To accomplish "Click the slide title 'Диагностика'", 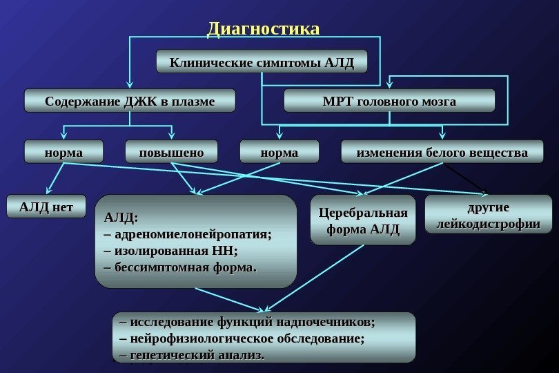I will (264, 29).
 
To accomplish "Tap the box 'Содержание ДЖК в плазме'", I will (130, 101).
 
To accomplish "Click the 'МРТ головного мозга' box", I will (390, 101).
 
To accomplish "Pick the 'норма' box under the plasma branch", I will (63, 152).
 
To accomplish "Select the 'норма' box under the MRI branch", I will (279, 152).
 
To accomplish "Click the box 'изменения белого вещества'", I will (442, 152).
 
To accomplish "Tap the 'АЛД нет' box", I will (46, 206).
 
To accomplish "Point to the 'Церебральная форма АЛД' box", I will (363, 220).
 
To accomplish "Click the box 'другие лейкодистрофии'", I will (488, 216).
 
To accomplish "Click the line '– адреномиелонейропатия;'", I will (187, 233).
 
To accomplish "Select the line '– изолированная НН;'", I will (170, 249).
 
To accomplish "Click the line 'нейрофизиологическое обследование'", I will (242, 338).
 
